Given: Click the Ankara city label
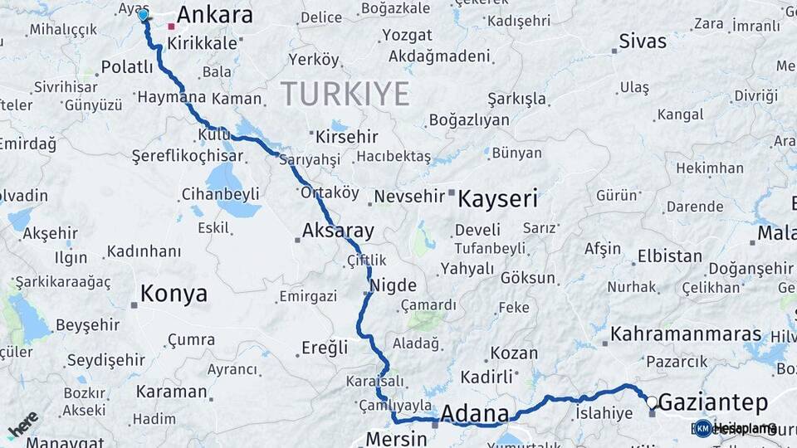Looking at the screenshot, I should (x=214, y=15).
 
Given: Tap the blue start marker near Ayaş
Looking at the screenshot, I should (x=143, y=15).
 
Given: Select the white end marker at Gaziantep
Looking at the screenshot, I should (x=652, y=402).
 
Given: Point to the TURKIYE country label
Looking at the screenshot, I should (x=345, y=94).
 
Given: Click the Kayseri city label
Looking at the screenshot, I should (x=498, y=199).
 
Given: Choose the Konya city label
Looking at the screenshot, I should (x=174, y=293).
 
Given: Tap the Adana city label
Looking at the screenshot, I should (x=475, y=413).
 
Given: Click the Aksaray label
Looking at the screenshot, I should (x=338, y=231).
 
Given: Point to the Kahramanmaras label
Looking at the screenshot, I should (x=686, y=334).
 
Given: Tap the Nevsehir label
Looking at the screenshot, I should (x=409, y=197).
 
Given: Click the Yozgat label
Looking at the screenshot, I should (x=408, y=36).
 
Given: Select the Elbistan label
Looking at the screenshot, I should (x=671, y=256).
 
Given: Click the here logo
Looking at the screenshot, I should (x=22, y=425).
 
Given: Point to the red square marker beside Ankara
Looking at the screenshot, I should (x=172, y=27).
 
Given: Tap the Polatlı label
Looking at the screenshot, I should (x=127, y=67).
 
